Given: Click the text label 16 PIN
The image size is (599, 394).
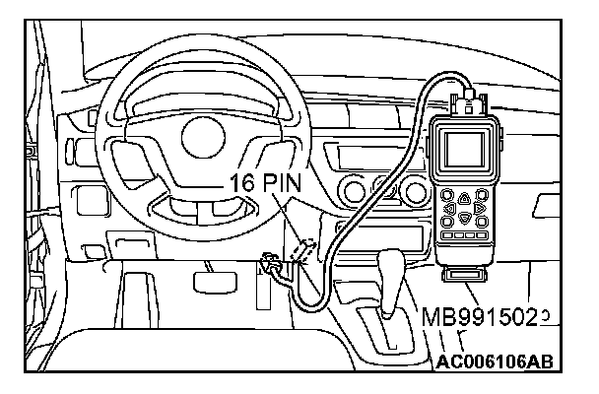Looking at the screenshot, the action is point(266,182).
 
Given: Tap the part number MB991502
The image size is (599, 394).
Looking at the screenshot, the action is point(484,317).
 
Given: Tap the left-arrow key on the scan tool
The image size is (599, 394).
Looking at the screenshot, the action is point(449,209).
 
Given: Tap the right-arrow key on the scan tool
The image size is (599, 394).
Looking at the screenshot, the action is point(481,209).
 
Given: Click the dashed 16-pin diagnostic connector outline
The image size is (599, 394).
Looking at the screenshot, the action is point(307,250).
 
